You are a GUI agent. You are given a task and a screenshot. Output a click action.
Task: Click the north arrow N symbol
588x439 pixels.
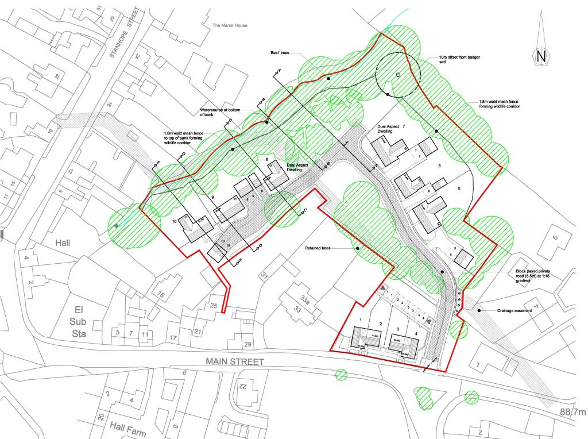coord(540,56)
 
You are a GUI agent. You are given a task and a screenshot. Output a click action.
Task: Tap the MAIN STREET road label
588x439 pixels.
coord(235,362)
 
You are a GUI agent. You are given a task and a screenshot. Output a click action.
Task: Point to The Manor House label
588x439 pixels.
coord(230,25)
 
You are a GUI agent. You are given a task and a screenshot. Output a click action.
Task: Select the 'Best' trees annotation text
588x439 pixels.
coord(280,52)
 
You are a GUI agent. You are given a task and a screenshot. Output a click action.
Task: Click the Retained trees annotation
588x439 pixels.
coord(320,249)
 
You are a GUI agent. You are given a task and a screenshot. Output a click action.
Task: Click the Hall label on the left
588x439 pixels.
coord(63,243)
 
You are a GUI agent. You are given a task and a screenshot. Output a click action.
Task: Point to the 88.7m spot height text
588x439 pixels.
coord(572,412)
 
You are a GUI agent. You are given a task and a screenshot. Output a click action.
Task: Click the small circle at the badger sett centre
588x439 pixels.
coord(397,75)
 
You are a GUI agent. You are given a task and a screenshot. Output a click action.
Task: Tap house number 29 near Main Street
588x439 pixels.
coord(247,344)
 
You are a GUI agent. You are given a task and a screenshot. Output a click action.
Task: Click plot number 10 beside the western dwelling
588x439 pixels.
coord(175,222)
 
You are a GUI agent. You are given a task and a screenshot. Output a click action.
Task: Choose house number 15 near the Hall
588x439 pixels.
coord(161,296)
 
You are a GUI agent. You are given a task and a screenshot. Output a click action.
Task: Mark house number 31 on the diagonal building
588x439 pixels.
coord(265,276)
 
